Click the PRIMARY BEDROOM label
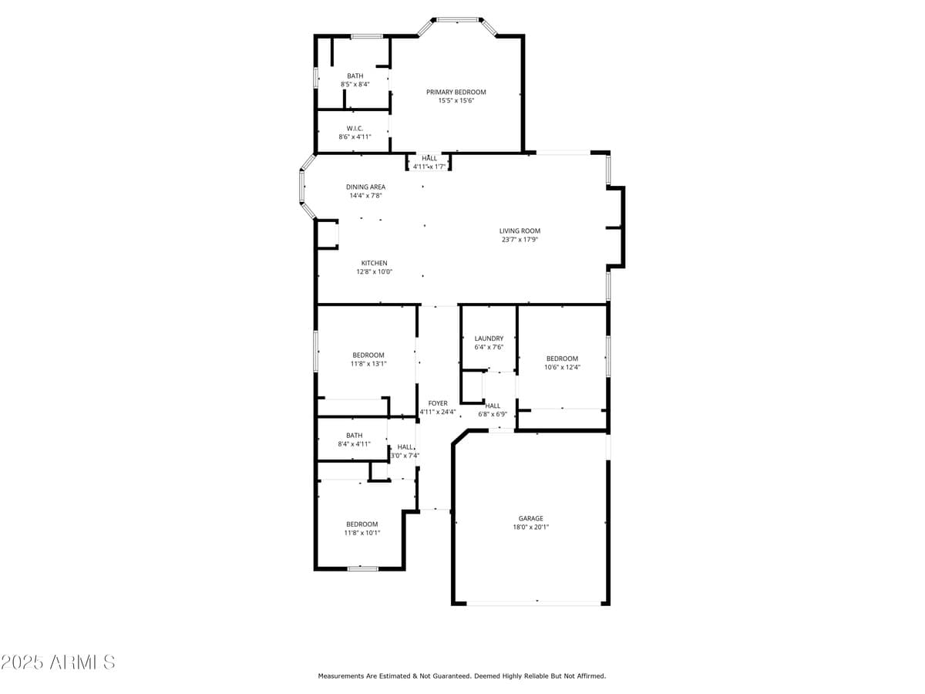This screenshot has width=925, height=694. coord(456,92)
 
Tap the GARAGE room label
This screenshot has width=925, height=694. coord(530,518)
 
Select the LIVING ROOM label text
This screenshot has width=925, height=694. coord(520,231)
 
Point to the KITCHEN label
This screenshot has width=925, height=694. coord(374,263)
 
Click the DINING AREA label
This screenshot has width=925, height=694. coord(365,187)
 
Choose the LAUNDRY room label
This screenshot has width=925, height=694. coord(489,339)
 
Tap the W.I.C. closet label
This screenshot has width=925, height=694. coord(355,128)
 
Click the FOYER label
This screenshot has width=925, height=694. coord(438,403)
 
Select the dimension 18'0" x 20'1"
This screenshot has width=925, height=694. coord(530,527)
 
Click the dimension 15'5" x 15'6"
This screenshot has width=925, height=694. coord(456,100)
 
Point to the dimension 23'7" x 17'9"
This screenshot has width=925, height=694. coord(520,239)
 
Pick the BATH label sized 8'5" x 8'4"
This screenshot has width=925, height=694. coord(355,76)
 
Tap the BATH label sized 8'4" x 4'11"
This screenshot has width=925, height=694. coord(354,435)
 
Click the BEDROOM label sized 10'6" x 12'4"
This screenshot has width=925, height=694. coord(562,359)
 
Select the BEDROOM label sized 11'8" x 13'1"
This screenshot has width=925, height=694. coord(368,355)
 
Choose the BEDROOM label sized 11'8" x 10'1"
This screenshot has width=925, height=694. coord(362,524)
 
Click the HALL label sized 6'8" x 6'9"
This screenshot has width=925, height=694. coord(493,406)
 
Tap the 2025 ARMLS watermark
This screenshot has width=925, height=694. coord(59,662)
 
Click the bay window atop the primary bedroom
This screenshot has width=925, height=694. coord(457,20)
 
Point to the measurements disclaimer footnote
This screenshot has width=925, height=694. coord(462,676)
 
